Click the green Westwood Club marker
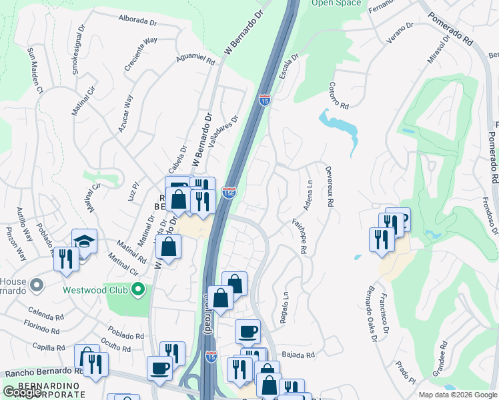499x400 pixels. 138,289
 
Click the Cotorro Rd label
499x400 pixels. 339,96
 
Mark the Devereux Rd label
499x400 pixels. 329,187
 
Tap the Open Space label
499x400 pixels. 336,3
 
